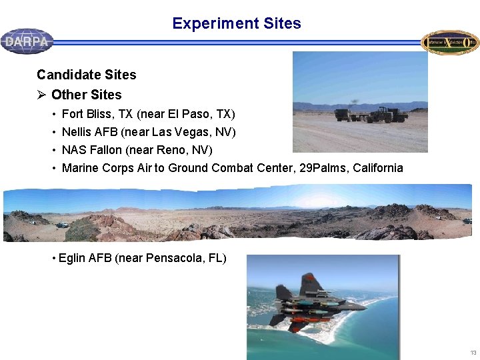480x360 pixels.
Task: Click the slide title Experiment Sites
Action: [236, 24]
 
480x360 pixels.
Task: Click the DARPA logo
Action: [27, 41]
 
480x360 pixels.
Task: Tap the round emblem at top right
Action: [450, 42]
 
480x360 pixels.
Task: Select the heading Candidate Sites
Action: [86, 75]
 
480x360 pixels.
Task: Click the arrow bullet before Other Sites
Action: [42, 95]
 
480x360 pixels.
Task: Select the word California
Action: [377, 168]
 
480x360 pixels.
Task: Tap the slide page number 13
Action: [473, 352]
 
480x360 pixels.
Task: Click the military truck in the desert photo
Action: [387, 115]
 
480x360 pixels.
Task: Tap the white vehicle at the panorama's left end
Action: [62, 225]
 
